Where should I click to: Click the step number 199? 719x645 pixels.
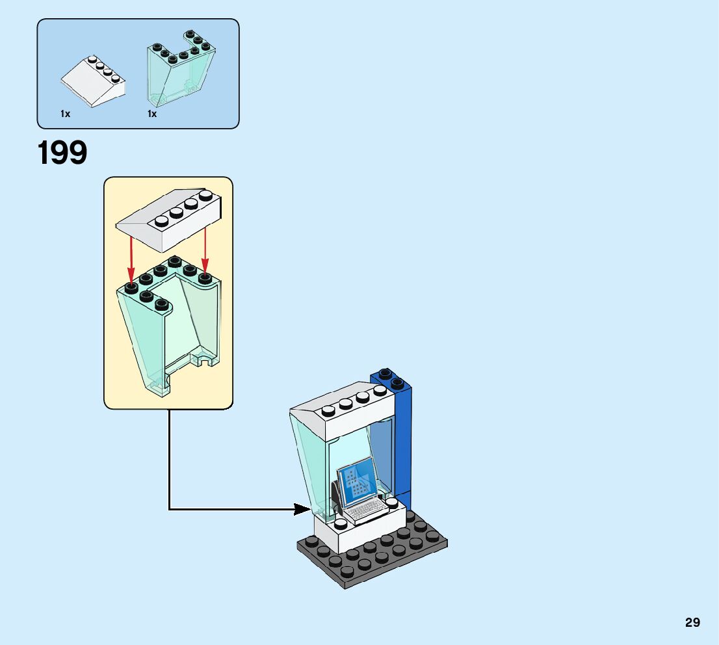(62, 153)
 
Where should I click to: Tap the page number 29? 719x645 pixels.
(692, 622)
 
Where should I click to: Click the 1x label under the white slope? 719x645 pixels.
(65, 114)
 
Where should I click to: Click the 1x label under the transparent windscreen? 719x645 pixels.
(152, 114)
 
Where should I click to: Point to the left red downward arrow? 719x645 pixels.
(131, 260)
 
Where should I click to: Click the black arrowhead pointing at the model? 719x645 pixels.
(302, 509)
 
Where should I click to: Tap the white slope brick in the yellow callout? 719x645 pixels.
(169, 221)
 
